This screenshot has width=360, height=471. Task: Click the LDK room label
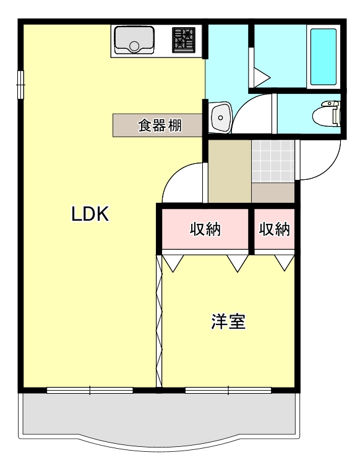pos(90,214)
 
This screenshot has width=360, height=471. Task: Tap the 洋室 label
pos(228,321)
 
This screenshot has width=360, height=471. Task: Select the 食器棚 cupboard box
pos(158,125)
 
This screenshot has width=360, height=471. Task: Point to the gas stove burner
pos(183,38)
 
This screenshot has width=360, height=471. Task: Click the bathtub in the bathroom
pos(323,57)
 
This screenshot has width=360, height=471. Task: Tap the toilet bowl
pos(325,114)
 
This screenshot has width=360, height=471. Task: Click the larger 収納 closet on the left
pos(205,229)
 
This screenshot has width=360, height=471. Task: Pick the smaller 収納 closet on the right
pos(274,229)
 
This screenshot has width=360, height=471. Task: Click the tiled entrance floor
pos(272,162)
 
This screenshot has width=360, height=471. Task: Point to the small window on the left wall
pos(20,85)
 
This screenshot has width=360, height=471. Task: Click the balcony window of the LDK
pos(90,390)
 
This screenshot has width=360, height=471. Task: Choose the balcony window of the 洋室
pos(228,390)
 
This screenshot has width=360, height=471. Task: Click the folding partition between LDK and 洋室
pos(158,321)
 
